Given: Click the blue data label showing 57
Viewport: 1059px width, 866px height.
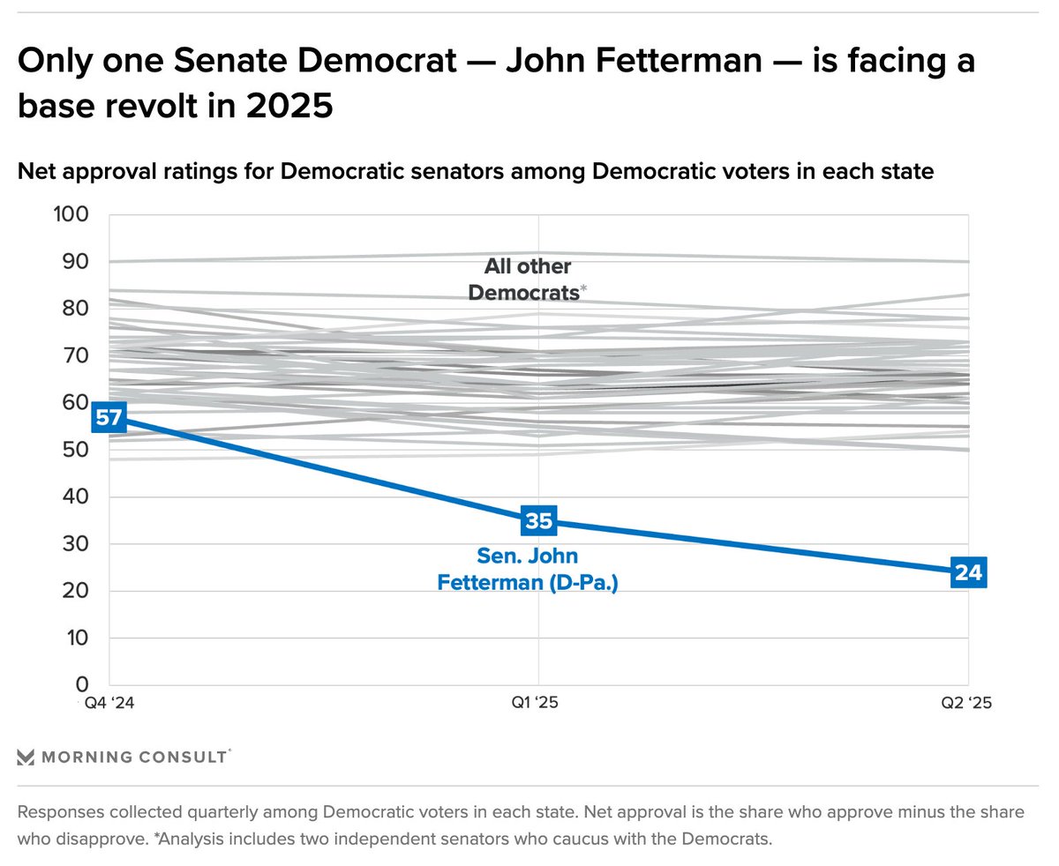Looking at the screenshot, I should [109, 418].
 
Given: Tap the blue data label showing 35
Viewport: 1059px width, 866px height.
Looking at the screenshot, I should [538, 520].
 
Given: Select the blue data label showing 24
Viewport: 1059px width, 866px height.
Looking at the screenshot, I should [968, 572].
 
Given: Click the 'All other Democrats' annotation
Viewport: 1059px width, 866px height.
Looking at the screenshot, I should [527, 280].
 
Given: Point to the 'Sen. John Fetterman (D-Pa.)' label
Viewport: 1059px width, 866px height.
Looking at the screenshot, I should [528, 570].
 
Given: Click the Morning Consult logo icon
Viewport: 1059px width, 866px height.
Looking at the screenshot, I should [26, 757].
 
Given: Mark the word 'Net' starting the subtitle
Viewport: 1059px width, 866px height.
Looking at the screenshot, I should [36, 172].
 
